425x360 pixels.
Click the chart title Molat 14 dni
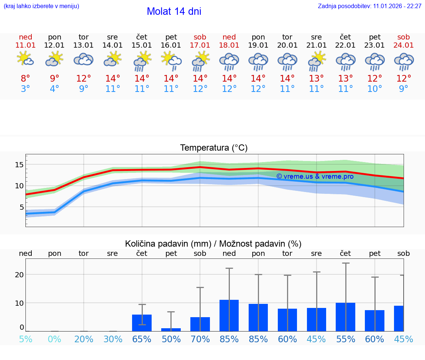(x=174, y=11)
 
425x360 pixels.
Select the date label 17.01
(x=200, y=45)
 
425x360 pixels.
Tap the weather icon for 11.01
(x=25, y=59)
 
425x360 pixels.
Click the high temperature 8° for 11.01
(x=25, y=79)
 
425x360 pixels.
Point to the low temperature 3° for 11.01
(x=25, y=89)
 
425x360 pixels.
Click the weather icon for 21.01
(x=317, y=61)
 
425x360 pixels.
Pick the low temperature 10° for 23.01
(x=374, y=89)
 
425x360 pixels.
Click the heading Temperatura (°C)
(x=214, y=148)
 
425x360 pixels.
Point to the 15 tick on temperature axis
(x=19, y=165)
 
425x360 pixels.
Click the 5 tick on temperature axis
(x=21, y=207)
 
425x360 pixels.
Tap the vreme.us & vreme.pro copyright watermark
(x=315, y=176)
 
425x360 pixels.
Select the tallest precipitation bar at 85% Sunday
(x=229, y=315)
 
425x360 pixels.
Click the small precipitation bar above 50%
(x=171, y=329)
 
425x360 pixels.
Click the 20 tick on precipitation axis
(x=19, y=275)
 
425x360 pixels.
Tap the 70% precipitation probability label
(x=200, y=339)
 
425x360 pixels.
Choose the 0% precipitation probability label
(x=55, y=339)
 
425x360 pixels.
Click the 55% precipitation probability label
(x=345, y=339)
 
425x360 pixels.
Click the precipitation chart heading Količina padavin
(x=213, y=244)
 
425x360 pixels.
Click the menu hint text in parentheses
(x=41, y=6)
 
